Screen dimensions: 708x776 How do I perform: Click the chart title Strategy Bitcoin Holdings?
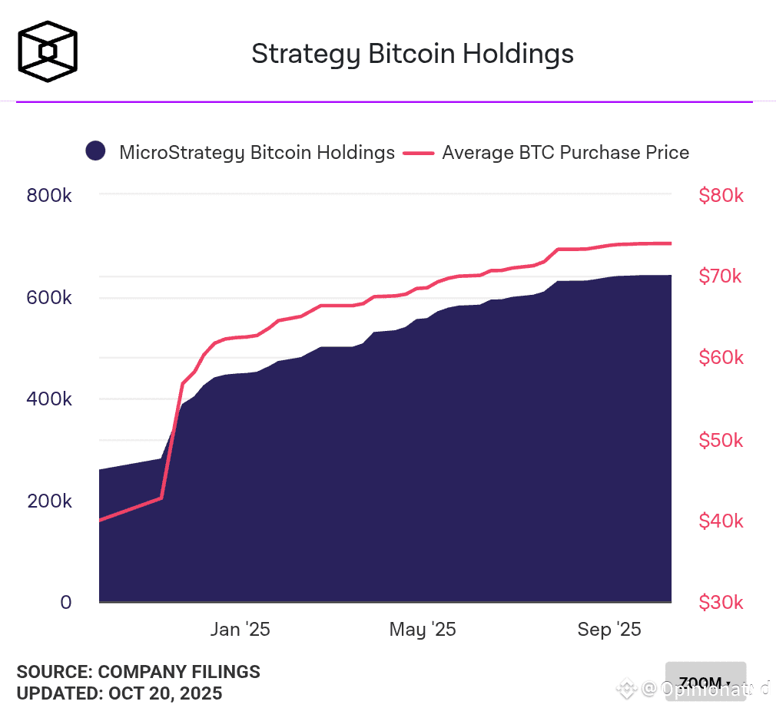(413, 54)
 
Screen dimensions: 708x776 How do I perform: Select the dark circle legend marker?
(95, 152)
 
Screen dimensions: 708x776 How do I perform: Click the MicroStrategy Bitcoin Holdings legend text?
(257, 152)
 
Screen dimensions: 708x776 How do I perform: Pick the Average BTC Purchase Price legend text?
(565, 152)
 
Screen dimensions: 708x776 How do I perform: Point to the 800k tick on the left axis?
(49, 195)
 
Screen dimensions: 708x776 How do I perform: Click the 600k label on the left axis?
(49, 297)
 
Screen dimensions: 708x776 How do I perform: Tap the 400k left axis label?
(49, 399)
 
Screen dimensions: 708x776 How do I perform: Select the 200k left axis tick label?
(49, 501)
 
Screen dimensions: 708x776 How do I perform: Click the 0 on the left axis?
(66, 603)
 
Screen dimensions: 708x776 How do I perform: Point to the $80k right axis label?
(721, 195)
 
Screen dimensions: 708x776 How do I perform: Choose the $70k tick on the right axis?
(721, 276)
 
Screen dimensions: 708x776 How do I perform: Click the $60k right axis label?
(721, 358)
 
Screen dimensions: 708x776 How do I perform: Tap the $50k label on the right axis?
(721, 440)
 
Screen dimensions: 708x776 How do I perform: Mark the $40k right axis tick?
(721, 521)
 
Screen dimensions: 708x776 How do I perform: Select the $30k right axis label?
(721, 603)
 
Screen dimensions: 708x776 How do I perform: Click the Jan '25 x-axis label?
(240, 630)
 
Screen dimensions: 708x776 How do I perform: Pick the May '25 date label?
(423, 630)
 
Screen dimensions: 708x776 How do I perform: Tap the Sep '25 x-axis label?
(609, 630)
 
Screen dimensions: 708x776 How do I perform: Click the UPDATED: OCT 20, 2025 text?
(120, 693)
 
